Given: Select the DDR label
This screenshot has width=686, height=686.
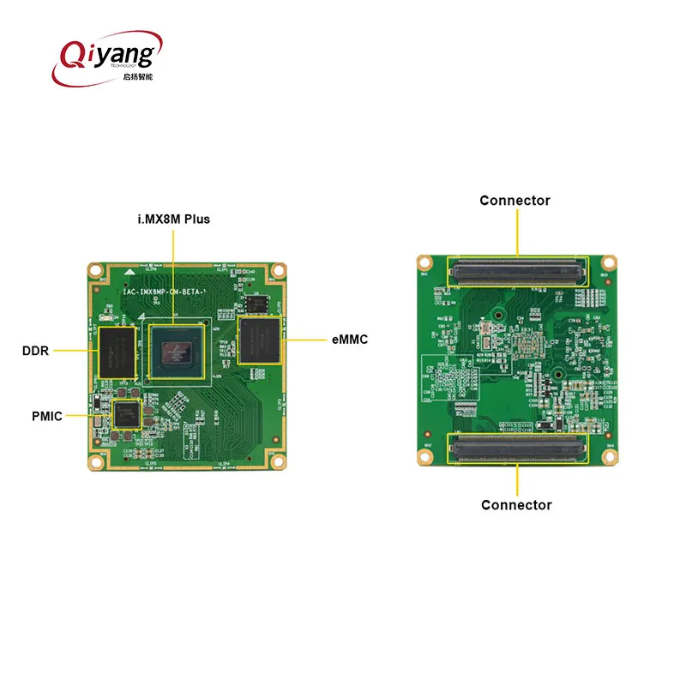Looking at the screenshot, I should click(x=36, y=351).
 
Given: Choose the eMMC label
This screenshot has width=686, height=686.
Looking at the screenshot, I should click(x=349, y=340).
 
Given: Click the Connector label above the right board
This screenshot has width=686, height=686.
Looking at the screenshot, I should click(x=514, y=201).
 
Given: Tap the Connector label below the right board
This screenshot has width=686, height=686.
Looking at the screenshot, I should click(x=516, y=505).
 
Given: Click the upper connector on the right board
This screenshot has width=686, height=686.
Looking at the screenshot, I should click(x=517, y=271).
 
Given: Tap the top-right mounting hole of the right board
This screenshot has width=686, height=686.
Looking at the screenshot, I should click(x=609, y=262).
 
